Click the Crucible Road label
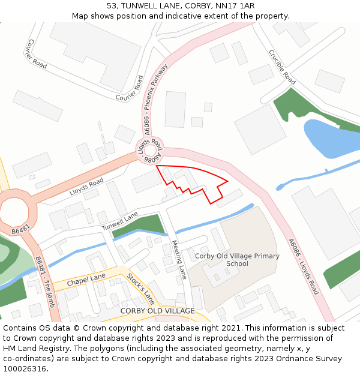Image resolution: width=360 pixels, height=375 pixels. [281, 67]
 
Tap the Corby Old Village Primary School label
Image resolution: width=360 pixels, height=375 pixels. [237, 260]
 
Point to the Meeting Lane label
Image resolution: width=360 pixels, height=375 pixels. [179, 260]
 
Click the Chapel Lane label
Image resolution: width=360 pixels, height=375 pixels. [86, 279]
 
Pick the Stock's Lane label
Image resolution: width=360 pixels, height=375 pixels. [140, 289]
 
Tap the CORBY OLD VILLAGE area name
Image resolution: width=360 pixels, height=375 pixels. [157, 311]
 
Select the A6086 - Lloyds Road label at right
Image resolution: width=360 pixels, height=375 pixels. [303, 267]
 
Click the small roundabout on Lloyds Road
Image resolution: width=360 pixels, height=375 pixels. [149, 153]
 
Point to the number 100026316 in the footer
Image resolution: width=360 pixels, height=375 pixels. [25, 368]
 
